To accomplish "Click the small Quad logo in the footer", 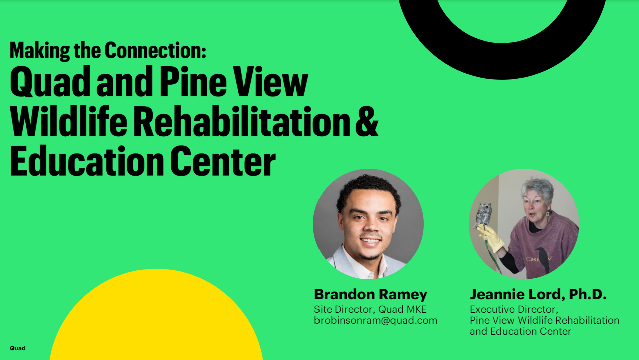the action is tap(18, 348).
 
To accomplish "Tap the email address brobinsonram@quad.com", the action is tap(376, 320).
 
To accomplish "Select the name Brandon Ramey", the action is tap(371, 295).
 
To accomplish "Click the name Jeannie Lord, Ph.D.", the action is tap(538, 295).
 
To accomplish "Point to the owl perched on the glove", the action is tap(482, 216).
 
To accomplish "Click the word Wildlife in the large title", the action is tap(68, 121).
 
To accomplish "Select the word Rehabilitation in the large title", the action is tap(241, 121).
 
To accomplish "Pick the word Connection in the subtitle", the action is tap(155, 50).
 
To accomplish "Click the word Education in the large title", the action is tap(87, 161).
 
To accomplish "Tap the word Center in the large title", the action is tap(223, 161).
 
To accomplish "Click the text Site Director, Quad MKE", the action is tap(370, 309).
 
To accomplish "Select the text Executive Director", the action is tap(514, 309).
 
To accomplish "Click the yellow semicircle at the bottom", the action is tap(156, 316).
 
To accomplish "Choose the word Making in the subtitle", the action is tap(40, 51).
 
